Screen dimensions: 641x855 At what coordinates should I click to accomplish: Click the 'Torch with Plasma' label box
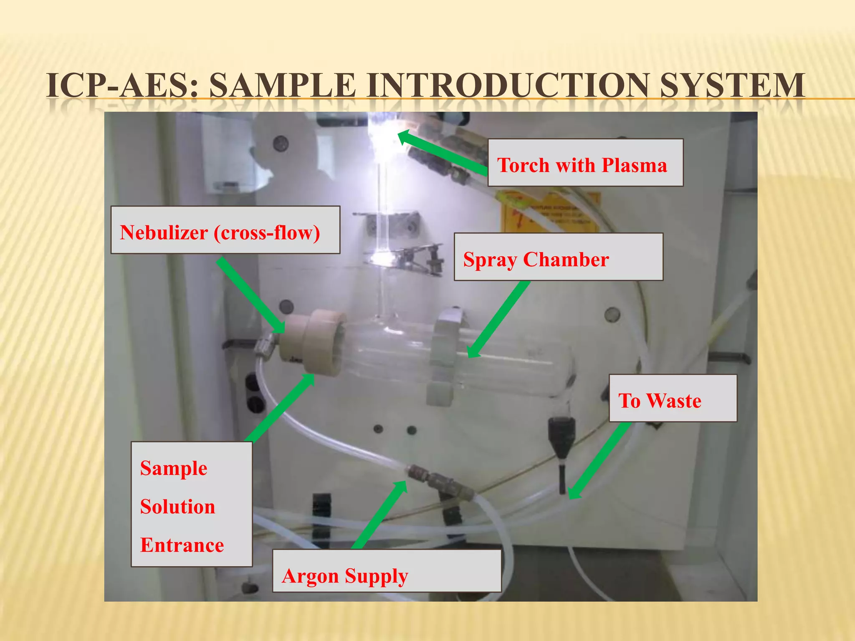click(585, 163)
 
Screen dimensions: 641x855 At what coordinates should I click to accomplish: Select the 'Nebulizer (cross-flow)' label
click(225, 230)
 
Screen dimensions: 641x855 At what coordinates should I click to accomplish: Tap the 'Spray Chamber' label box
click(558, 257)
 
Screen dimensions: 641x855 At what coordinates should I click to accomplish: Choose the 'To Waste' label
click(673, 399)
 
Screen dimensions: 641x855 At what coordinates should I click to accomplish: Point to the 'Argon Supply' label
click(387, 571)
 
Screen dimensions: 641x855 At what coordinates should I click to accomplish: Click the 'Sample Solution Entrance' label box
click(191, 504)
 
